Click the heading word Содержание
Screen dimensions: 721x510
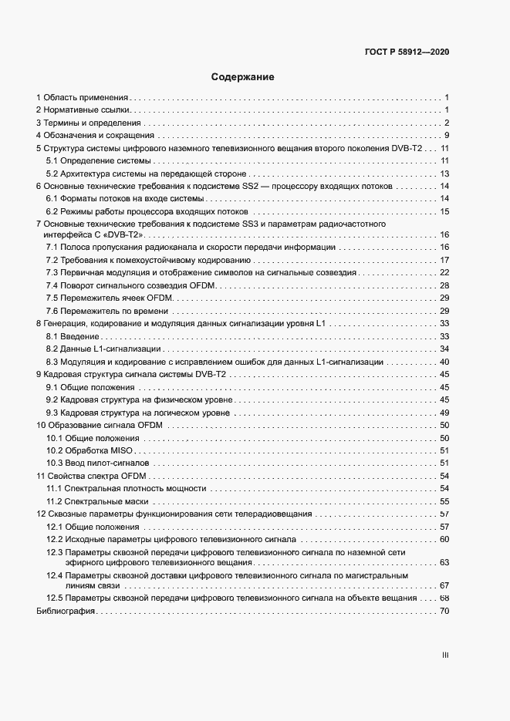coord(242,77)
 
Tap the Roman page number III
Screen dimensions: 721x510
coord(445,655)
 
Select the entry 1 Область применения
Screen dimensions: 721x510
coord(82,98)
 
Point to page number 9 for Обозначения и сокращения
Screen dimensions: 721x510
coord(447,136)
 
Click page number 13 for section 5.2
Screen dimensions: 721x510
coord(444,174)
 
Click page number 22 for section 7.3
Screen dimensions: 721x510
coord(444,273)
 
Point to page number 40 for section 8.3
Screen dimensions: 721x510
coord(444,362)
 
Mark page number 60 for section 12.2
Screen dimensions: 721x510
coord(444,538)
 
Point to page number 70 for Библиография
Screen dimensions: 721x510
coord(444,611)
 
